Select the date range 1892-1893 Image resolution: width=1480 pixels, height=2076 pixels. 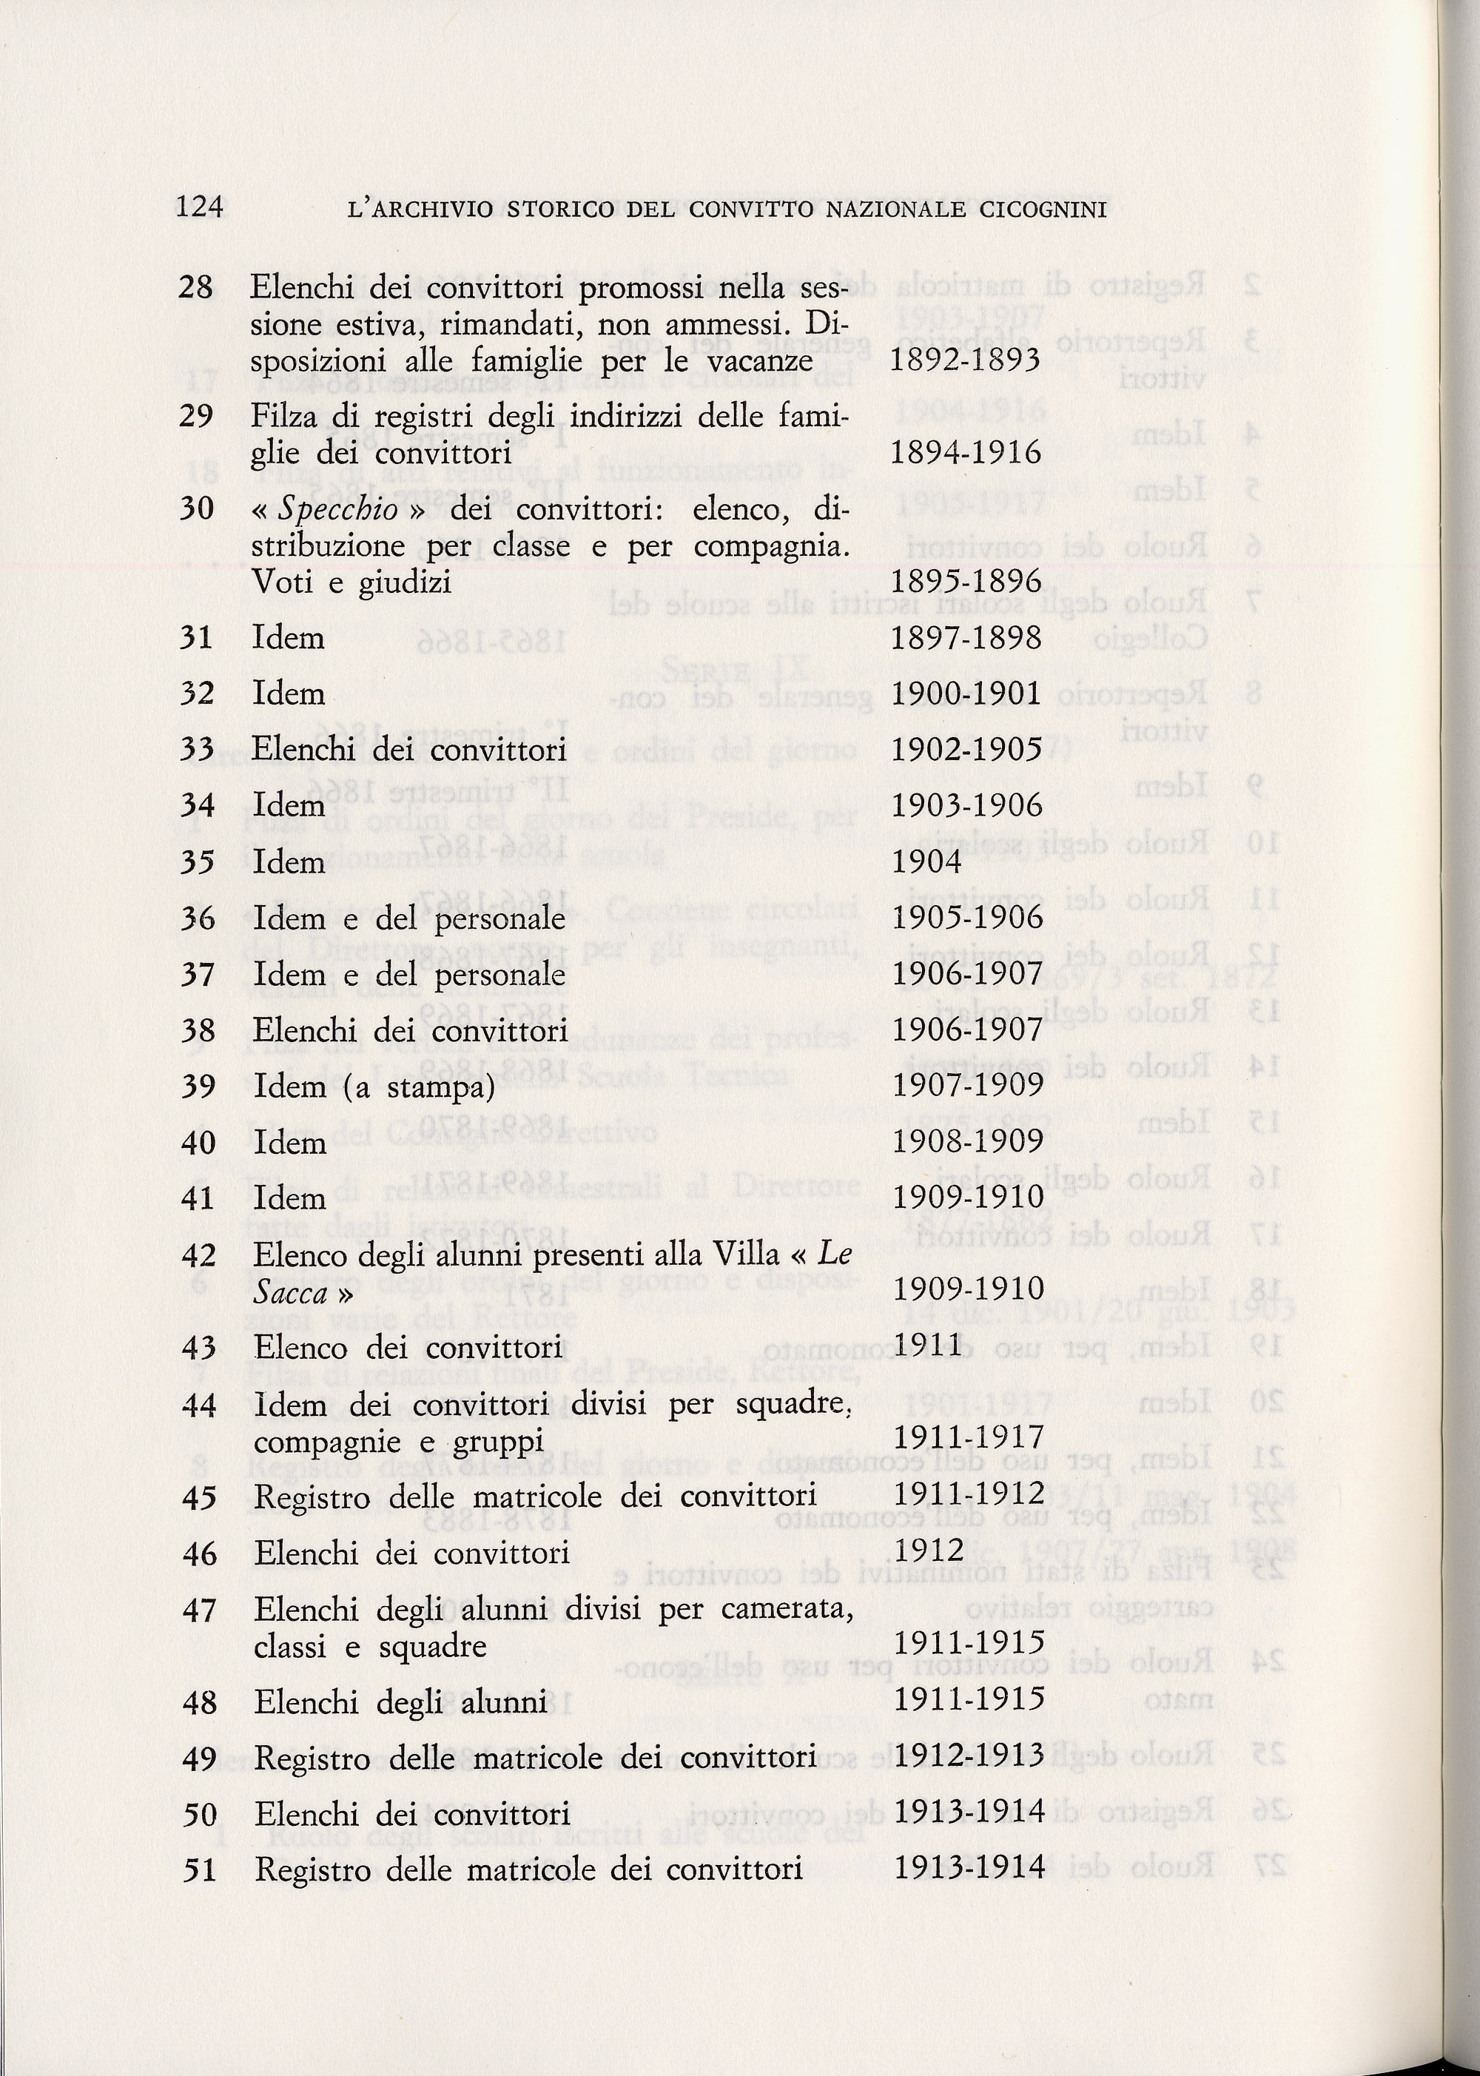coord(964,361)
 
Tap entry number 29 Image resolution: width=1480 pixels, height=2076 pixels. coord(196,417)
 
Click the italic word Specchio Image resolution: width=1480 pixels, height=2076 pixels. coord(338,509)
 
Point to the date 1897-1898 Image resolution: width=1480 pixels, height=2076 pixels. coord(965,637)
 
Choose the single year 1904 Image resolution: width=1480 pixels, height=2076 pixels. coord(926,862)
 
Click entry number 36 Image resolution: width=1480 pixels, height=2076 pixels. coord(198,918)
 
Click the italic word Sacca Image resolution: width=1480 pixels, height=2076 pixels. coord(291,1293)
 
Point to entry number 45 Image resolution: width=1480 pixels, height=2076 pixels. coord(198,1497)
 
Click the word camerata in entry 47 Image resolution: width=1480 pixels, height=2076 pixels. coord(787,1610)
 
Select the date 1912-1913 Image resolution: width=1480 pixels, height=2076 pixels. coord(969,1757)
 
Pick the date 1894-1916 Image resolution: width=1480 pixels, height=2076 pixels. coord(965,453)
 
